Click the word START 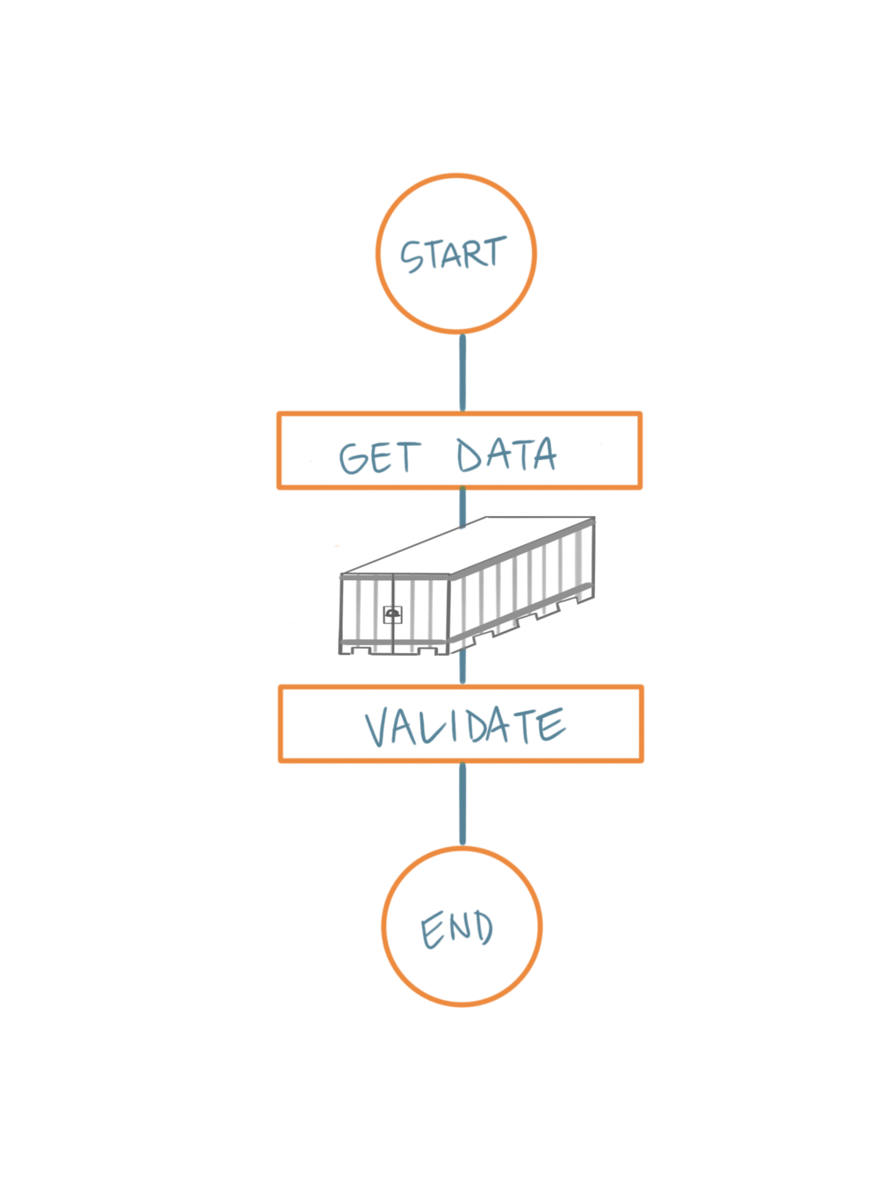click(454, 255)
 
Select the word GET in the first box click(379, 458)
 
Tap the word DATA click(506, 456)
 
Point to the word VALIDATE click(465, 727)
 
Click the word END click(457, 930)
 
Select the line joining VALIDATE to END click(462, 804)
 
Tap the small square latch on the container click(392, 614)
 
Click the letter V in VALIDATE click(378, 729)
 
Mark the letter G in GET click(354, 459)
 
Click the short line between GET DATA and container click(462, 506)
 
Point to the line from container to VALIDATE click(462, 669)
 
